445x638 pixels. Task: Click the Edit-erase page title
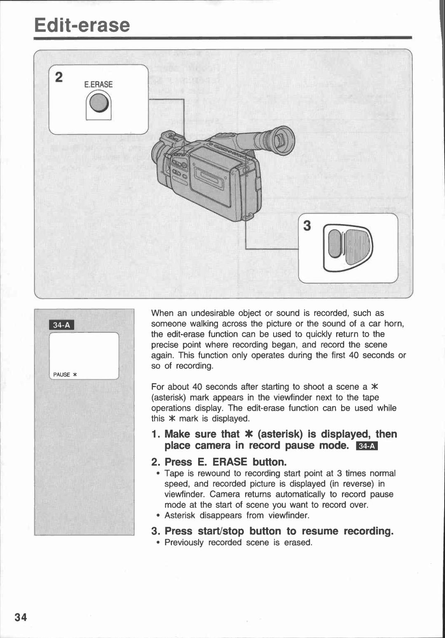(82, 25)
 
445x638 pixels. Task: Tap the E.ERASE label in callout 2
(98, 85)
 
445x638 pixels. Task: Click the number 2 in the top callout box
(59, 77)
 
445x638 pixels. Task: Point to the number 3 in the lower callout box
(307, 226)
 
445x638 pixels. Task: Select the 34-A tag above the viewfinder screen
(62, 325)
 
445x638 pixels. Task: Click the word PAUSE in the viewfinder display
(62, 374)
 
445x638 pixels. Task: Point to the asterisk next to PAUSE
(75, 374)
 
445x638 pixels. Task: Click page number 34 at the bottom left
(21, 617)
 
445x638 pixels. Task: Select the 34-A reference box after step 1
(366, 446)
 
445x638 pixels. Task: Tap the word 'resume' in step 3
(320, 531)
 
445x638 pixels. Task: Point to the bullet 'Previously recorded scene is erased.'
(238, 543)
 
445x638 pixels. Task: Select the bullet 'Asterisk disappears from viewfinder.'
(237, 516)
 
